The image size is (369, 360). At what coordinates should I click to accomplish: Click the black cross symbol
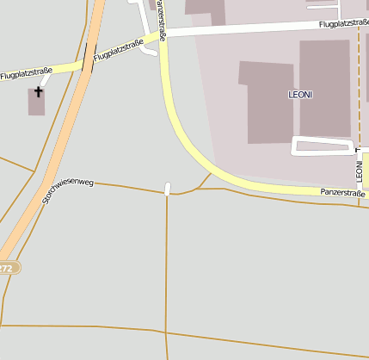[38, 90]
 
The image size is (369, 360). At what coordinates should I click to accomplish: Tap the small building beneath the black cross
[37, 104]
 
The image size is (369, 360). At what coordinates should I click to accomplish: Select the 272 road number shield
[7, 269]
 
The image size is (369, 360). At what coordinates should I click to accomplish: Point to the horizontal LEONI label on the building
[299, 92]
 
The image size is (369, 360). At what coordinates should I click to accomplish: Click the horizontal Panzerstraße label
[343, 194]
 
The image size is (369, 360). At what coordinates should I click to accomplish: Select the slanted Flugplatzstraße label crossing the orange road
[118, 50]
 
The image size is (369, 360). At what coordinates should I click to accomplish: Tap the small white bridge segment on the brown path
[168, 189]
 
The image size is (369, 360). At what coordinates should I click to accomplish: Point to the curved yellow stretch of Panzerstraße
[185, 138]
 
